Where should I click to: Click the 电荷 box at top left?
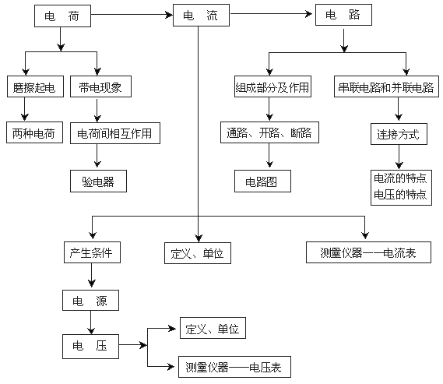[x=62, y=16]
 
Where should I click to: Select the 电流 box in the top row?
[x=201, y=16]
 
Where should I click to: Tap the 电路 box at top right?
[x=343, y=15]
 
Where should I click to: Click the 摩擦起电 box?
[x=35, y=86]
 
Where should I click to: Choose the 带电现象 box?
[x=100, y=86]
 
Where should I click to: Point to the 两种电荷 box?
[x=34, y=132]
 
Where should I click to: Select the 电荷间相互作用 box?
[x=115, y=133]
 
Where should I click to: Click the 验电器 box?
[x=98, y=181]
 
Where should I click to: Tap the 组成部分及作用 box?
[x=272, y=86]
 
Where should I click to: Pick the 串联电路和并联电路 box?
[x=386, y=86]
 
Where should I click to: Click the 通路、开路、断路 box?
[x=269, y=132]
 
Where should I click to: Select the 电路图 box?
[x=262, y=181]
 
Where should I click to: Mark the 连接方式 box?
[x=399, y=134]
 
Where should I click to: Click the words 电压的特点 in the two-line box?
[x=400, y=195]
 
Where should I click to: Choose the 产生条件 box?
[x=92, y=252]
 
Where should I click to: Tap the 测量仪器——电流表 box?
[x=368, y=252]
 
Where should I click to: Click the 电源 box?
[x=90, y=300]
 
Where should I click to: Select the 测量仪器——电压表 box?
[x=234, y=367]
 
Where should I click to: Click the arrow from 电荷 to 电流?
[x=132, y=15]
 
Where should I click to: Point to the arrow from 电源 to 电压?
[x=90, y=322]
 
